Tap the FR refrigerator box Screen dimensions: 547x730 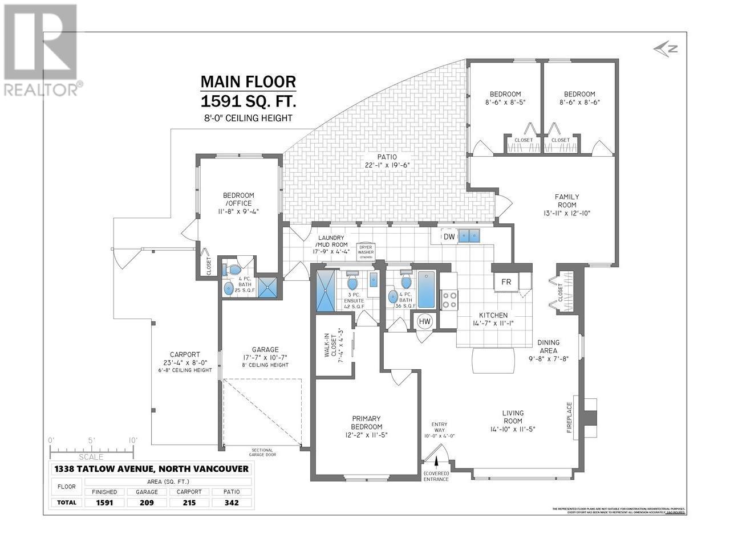tap(506, 282)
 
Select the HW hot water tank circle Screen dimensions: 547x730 tap(425, 321)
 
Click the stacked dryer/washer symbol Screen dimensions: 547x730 tap(365, 251)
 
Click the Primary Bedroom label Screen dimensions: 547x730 tap(366, 422)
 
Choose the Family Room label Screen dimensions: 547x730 tap(566, 201)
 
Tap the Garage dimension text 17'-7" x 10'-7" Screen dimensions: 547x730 tap(265, 358)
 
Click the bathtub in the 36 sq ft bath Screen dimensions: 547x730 tap(425, 289)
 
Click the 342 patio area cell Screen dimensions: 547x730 tap(232, 503)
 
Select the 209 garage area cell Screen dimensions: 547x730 tap(147, 503)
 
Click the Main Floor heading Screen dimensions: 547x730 tap(248, 82)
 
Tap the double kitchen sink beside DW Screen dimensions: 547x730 tap(470, 235)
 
